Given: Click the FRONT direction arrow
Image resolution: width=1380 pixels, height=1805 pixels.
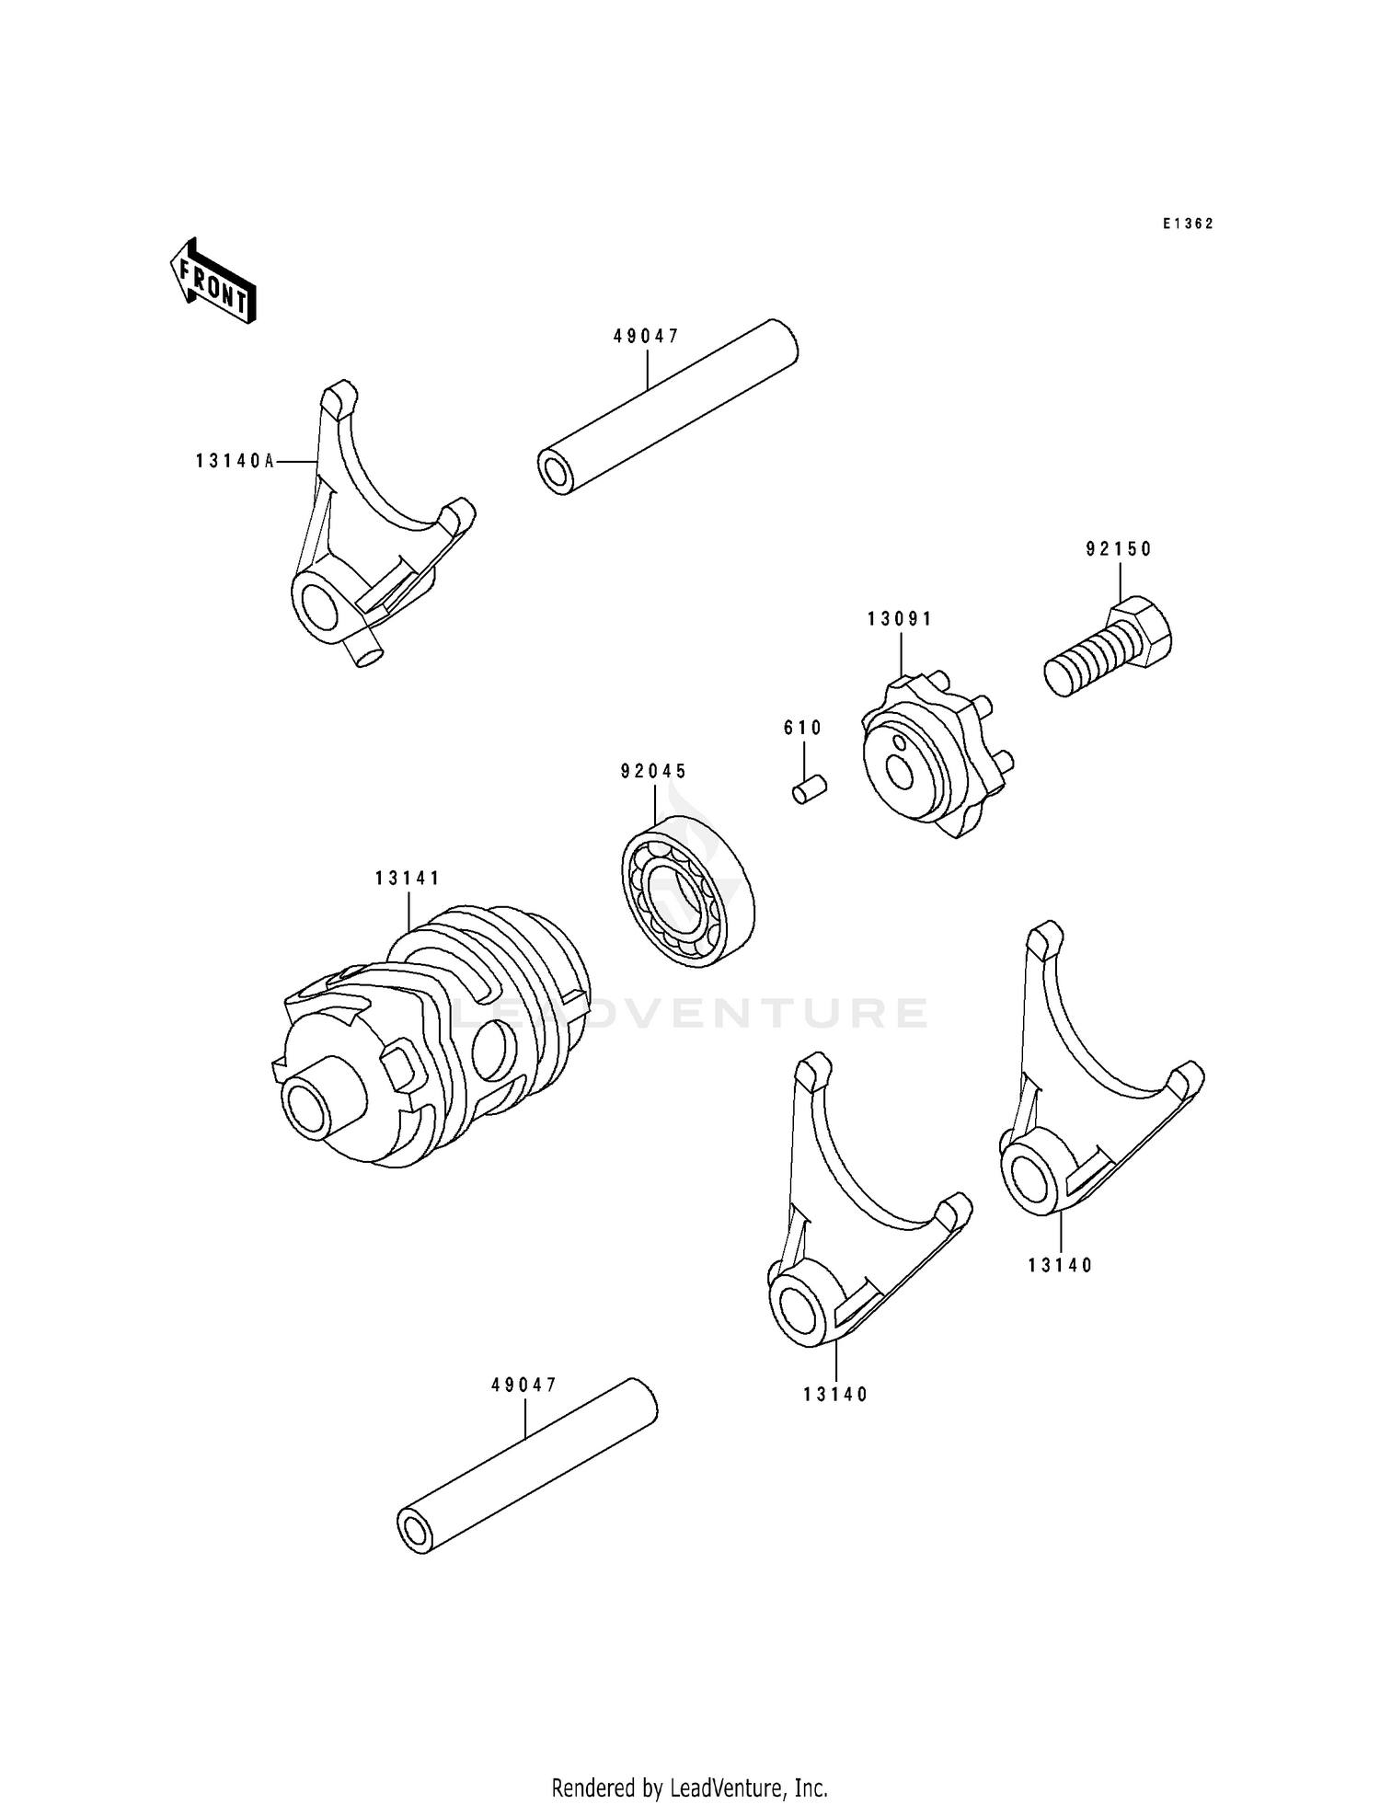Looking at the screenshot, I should (x=213, y=281).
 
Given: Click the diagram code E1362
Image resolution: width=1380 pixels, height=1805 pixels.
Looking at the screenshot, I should (x=1187, y=224).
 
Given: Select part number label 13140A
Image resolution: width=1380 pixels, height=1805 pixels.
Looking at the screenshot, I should (x=235, y=461).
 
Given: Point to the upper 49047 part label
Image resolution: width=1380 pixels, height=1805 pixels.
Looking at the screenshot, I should (x=646, y=337).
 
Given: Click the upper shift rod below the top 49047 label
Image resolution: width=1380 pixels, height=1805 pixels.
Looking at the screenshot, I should (x=668, y=408).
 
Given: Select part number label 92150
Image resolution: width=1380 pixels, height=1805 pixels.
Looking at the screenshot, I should (x=1118, y=549).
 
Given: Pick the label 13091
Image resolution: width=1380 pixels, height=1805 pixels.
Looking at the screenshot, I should (x=899, y=619).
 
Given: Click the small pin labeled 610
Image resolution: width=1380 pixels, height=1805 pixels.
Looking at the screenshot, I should (x=810, y=788).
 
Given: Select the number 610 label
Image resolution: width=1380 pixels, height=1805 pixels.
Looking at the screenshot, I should (x=802, y=728).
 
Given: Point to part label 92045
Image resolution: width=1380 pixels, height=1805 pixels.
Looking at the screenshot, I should (x=653, y=771).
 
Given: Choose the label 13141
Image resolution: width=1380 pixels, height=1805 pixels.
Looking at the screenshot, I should (x=408, y=879).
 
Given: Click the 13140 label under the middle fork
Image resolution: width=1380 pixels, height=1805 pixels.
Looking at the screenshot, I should (x=834, y=1394).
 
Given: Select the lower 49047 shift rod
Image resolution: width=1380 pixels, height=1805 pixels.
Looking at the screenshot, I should (x=528, y=1466).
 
